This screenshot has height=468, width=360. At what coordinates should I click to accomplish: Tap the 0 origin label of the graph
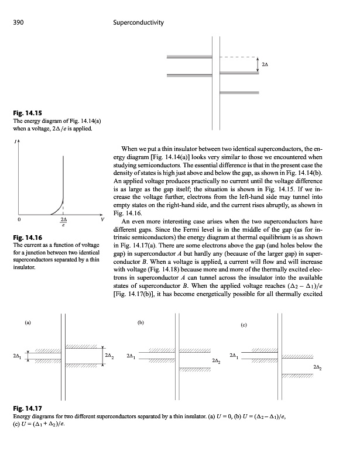tap(19, 219)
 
